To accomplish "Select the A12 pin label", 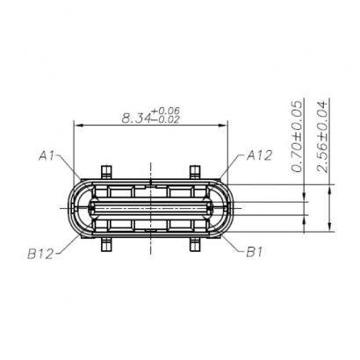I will (x=259, y=156).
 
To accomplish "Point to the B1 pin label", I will (x=255, y=253).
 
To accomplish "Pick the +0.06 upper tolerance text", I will (x=166, y=110).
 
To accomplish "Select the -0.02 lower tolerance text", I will (x=166, y=120).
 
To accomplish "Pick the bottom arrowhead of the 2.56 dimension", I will (x=330, y=235).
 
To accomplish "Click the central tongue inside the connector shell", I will (x=150, y=208).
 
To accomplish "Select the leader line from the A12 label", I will (x=232, y=169).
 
